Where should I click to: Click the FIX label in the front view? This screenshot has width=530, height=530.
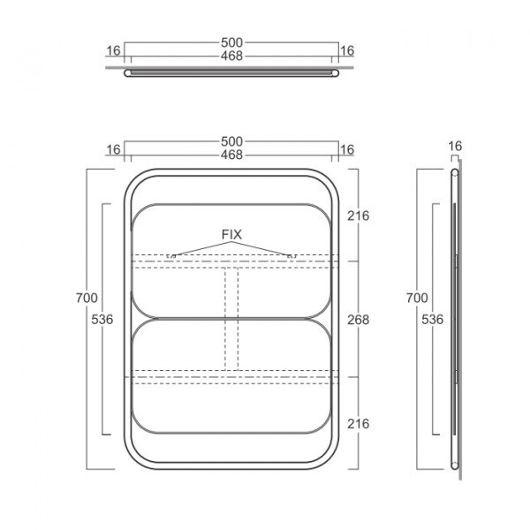[x=231, y=234]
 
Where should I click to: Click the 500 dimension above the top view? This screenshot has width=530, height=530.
[x=231, y=42]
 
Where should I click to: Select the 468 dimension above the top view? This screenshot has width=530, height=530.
[x=231, y=56]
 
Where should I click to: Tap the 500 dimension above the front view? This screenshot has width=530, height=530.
[x=231, y=141]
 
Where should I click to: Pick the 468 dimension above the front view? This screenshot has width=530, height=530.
[x=231, y=155]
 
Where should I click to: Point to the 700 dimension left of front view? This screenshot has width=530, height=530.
[x=87, y=298]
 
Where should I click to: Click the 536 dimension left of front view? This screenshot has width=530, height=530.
[x=102, y=319]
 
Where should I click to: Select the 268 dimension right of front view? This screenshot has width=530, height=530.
[x=359, y=320]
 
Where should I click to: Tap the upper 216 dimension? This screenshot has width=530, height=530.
[x=359, y=216]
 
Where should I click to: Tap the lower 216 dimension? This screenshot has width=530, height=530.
[x=359, y=423]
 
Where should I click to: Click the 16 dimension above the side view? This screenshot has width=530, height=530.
[x=455, y=146]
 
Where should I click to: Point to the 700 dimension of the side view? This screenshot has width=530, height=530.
[x=417, y=298]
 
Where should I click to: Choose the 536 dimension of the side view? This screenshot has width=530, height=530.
[x=432, y=319]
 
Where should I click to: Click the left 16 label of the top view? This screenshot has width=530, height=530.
[x=113, y=50]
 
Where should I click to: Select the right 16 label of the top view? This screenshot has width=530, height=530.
[x=347, y=50]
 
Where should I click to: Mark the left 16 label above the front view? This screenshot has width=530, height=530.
[x=113, y=150]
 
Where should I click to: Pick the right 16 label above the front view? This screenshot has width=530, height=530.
[x=347, y=150]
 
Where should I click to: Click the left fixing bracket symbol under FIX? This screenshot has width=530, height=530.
[x=171, y=256]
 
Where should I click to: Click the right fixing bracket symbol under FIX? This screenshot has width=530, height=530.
[x=291, y=256]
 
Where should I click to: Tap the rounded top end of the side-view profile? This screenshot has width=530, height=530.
[x=455, y=172]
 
